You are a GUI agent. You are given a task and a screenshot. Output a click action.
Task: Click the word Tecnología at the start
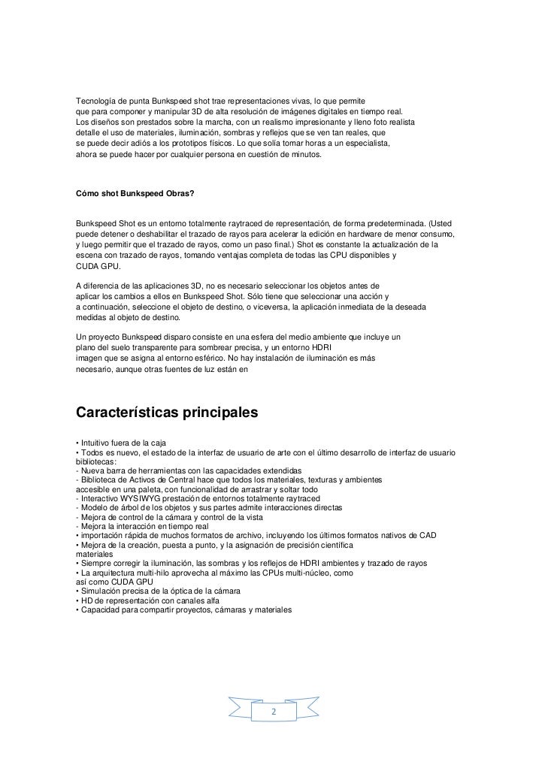pyautogui.click(x=96, y=100)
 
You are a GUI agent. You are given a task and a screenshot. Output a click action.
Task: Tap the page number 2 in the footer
pyautogui.click(x=274, y=712)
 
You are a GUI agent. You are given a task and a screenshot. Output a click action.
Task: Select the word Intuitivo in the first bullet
pyautogui.click(x=98, y=441)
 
